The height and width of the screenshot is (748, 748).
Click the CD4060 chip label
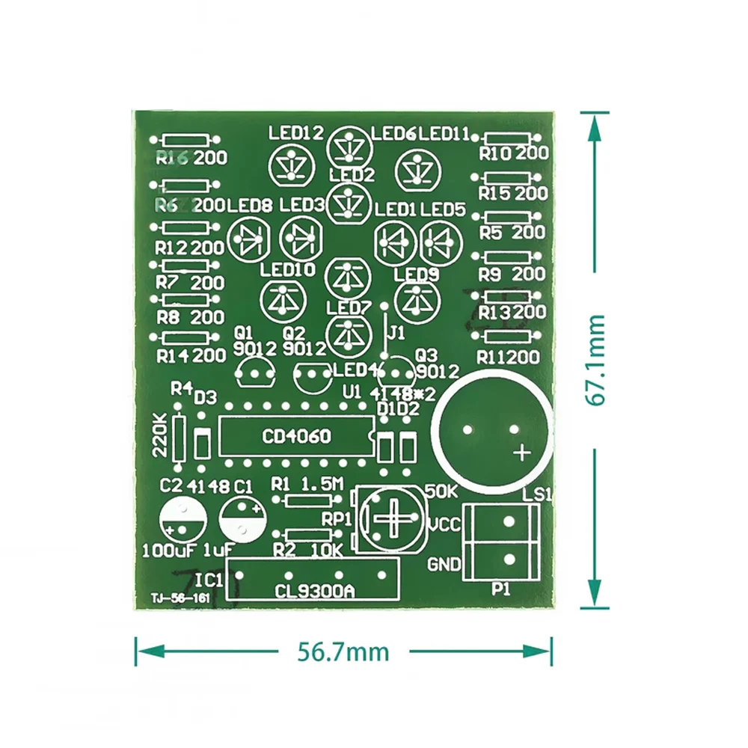point(295,437)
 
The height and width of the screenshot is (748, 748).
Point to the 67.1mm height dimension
point(595,360)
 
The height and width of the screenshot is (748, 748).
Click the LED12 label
point(296,133)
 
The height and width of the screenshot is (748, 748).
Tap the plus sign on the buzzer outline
point(521,452)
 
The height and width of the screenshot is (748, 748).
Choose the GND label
point(444,563)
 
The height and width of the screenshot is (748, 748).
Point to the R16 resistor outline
point(184,140)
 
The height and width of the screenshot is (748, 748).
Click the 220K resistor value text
point(159,438)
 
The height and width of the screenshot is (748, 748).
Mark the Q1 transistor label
point(244,332)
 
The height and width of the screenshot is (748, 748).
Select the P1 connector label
point(500,590)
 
